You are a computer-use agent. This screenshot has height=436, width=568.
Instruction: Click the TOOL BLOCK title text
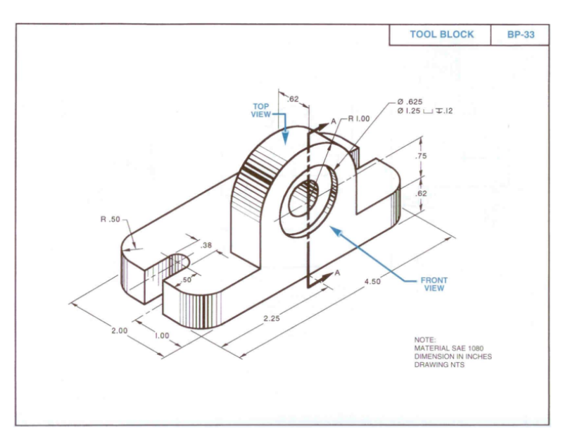coord(441,35)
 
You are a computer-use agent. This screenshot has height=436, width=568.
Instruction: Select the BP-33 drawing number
coord(520,35)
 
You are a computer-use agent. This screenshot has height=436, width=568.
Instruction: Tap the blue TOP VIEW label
coord(260,111)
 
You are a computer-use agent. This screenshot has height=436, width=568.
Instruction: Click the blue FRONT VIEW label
coord(434,284)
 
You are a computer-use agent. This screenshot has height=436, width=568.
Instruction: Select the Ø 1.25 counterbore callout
coord(425,111)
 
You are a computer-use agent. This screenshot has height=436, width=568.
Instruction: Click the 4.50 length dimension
coord(373,282)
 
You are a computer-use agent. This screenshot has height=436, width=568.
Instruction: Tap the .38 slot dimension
coord(206,245)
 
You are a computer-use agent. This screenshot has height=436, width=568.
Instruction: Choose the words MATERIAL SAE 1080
coord(445,348)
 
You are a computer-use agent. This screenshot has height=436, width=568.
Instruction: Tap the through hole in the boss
coord(308,194)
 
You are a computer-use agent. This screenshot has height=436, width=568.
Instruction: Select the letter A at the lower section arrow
coord(337,272)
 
